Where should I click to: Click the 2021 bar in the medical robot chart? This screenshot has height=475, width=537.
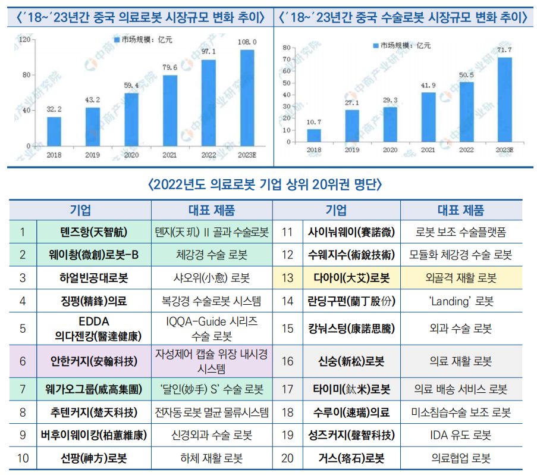coord(170,110)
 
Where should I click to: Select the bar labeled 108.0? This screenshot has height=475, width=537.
coord(247,98)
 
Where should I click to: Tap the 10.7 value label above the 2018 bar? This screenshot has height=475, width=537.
coord(313,122)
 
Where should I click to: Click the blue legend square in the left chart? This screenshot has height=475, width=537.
coord(117,40)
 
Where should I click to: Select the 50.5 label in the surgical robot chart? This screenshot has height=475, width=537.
coord(466,74)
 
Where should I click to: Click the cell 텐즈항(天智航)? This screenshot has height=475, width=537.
coord(94,232)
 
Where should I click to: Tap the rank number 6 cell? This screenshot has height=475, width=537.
coord(23,361)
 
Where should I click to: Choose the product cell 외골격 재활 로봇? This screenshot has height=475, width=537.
coord(461,278)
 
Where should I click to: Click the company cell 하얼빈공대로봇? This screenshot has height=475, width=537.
coord(94,278)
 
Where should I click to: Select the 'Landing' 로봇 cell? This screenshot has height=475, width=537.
coord(461,301)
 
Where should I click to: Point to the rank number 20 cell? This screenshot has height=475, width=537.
coord(288,458)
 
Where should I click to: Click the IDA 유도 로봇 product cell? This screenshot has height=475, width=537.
coord(461,435)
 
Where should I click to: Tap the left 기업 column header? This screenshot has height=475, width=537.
coord(80,210)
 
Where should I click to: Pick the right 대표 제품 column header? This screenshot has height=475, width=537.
coord(461,210)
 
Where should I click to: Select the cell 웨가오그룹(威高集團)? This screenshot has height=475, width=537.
coord(94,390)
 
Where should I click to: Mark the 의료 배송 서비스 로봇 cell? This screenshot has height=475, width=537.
coord(461,390)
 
